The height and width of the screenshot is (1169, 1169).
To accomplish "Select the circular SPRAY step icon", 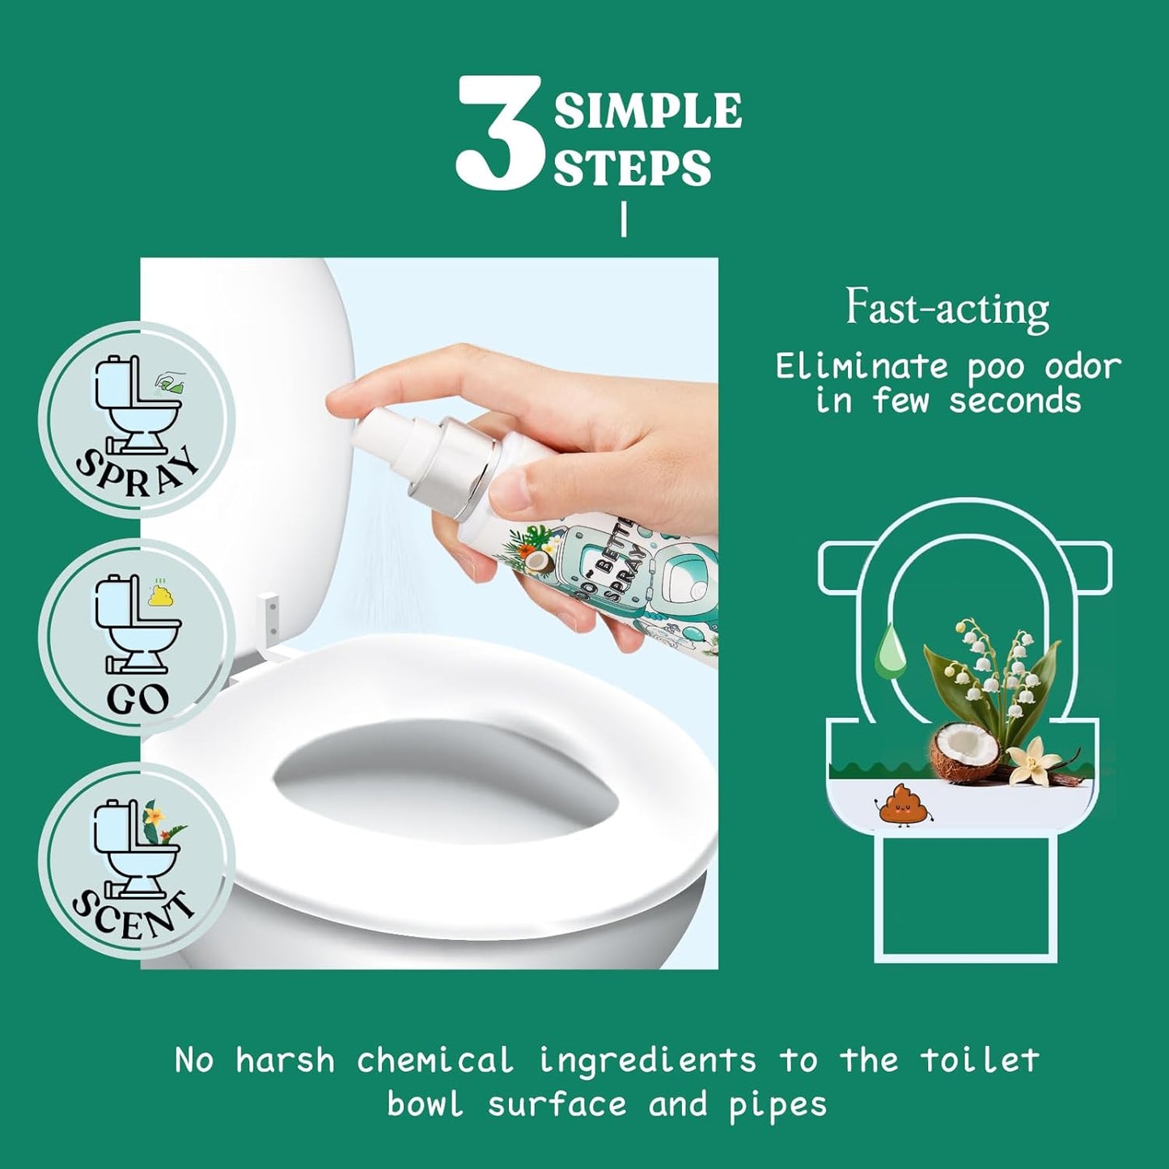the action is click(x=137, y=421).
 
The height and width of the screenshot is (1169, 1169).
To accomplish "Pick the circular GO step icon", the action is click(x=137, y=637).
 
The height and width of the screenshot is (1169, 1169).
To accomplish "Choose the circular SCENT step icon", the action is click(x=137, y=861).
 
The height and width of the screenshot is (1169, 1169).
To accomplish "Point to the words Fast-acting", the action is click(x=947, y=309).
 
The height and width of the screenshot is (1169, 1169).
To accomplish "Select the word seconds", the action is click(x=1014, y=401).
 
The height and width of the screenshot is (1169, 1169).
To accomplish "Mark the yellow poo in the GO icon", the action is click(x=159, y=593).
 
